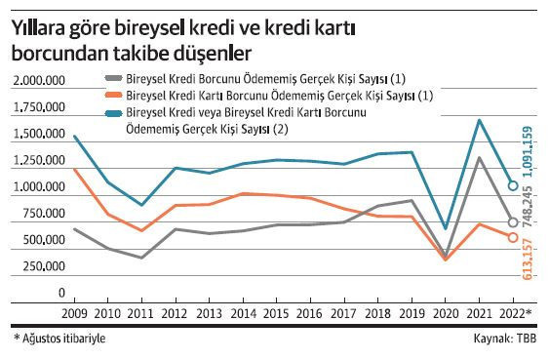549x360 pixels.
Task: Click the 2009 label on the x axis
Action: (75, 314)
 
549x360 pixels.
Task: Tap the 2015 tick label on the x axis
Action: (277, 314)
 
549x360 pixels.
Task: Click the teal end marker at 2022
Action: (512, 185)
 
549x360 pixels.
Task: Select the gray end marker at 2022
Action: (512, 221)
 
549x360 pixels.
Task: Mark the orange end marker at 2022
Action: (512, 237)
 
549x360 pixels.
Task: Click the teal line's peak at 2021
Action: (479, 120)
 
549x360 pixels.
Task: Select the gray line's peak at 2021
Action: (479, 157)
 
